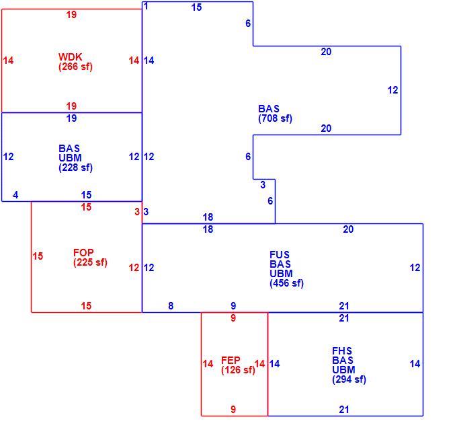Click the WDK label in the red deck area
(x=70, y=57)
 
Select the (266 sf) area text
(x=75, y=67)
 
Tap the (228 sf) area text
(x=75, y=167)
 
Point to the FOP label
(x=83, y=253)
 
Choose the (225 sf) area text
(x=90, y=262)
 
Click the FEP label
(x=231, y=361)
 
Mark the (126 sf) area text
(x=238, y=370)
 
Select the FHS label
(x=342, y=350)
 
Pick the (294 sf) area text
(x=349, y=379)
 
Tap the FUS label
(x=280, y=255)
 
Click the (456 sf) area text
(x=287, y=283)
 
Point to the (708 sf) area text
(x=275, y=118)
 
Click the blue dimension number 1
(x=146, y=6)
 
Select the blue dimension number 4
(x=15, y=195)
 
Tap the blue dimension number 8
(x=171, y=306)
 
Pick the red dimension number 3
(x=137, y=212)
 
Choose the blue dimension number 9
(x=233, y=306)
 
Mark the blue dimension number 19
(x=71, y=118)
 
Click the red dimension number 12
(x=134, y=268)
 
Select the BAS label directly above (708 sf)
(x=269, y=109)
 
